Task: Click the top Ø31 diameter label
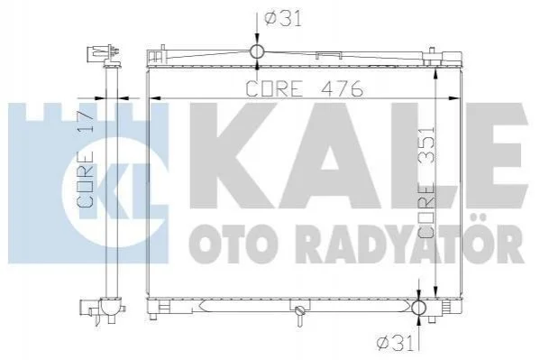(283, 19)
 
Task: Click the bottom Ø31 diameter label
(395, 344)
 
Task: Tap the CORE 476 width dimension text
(305, 88)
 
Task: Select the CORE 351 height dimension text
(426, 183)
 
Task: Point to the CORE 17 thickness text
(86, 159)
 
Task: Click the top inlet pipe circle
(257, 51)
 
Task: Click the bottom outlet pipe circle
(419, 308)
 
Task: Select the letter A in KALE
(330, 156)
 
